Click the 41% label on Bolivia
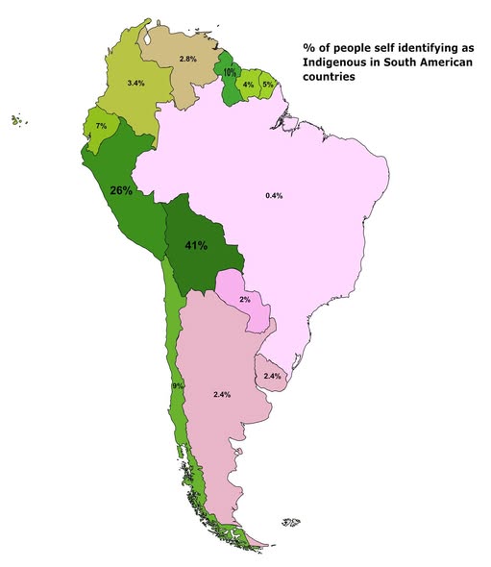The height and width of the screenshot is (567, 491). coord(196,245)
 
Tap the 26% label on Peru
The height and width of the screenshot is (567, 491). coord(121,190)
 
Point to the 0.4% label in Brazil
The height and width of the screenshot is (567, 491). coord(274,196)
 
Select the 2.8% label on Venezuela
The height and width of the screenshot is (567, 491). coord(188,60)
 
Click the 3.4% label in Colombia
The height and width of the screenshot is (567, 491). coord(135,85)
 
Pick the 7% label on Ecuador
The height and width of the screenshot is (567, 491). coord(100,126)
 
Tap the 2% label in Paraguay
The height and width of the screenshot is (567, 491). coord(244,300)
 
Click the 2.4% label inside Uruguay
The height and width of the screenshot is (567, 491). coord(272,376)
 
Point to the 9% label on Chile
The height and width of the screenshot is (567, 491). coord(178,385)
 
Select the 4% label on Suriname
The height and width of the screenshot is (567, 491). coord(248,85)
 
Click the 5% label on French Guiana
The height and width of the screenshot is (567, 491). coord(267,85)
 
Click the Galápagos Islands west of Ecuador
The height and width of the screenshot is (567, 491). coord(16,120)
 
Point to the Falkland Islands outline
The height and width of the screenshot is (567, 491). coord(291,523)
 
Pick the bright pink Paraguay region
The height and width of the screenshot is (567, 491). coord(238,288)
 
